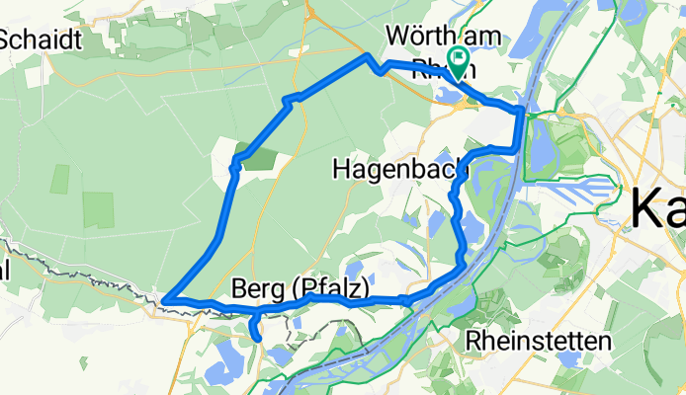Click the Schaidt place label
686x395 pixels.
39,39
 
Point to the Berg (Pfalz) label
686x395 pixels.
300,288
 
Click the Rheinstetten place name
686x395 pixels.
538,340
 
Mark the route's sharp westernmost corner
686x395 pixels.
165,298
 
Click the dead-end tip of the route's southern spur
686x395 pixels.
257,338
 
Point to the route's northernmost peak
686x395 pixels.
369,57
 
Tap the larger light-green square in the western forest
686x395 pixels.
99,209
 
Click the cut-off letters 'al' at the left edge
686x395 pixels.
5,270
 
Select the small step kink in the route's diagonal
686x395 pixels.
289,100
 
